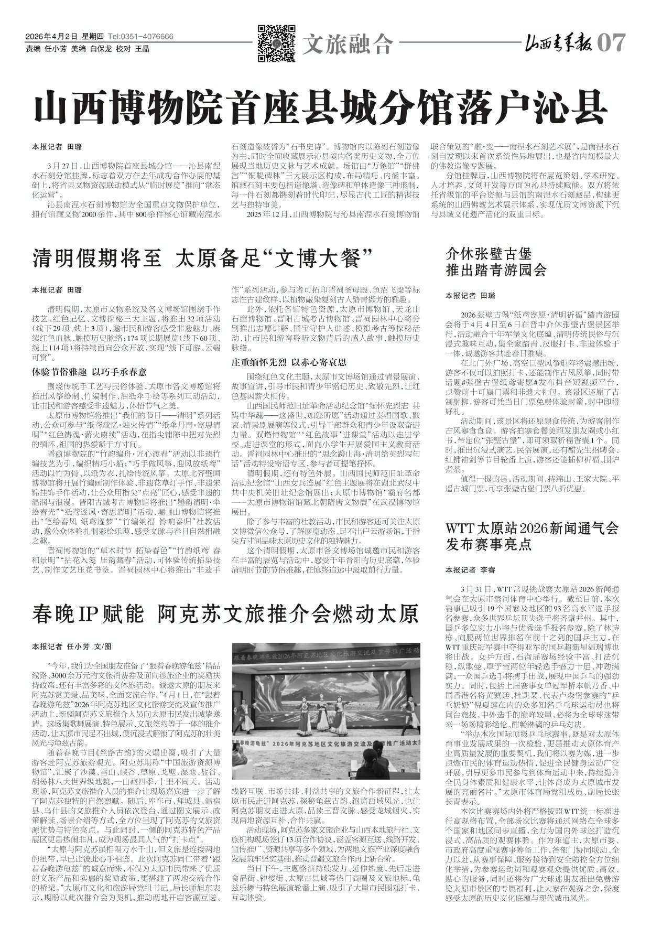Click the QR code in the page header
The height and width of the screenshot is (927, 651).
pyautogui.click(x=276, y=44)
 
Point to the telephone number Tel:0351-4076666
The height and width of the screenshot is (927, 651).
pyautogui.click(x=140, y=37)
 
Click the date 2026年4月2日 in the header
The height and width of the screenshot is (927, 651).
pyautogui.click(x=51, y=37)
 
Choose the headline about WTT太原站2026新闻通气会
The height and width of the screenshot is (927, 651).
pyautogui.click(x=532, y=535)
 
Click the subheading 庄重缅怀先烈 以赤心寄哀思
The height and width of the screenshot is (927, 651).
pyautogui.click(x=289, y=362)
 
